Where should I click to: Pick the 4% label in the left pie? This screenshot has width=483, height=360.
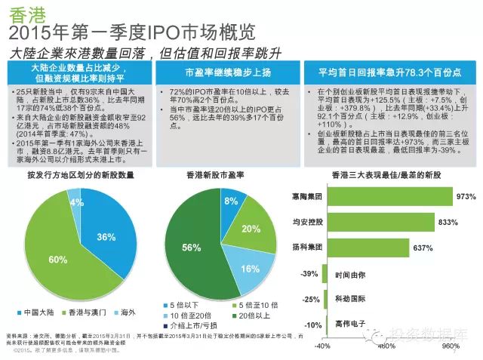[x=75, y=202]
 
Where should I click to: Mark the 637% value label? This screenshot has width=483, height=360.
[x=423, y=248]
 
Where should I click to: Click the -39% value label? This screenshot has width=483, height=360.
[x=308, y=273]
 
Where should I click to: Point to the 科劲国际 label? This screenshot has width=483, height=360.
[x=350, y=299]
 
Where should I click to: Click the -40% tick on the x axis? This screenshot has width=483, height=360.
[x=322, y=346]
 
